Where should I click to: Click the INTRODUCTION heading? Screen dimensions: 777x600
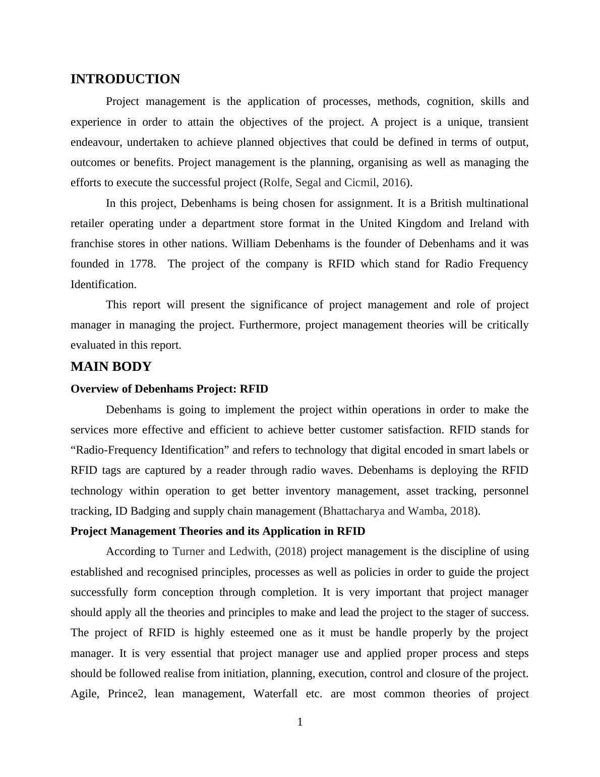point(125,79)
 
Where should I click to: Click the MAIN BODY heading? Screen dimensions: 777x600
point(111,367)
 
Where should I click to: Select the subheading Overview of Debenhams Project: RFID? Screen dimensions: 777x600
point(169,389)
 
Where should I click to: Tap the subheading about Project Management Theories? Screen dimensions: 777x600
point(218,531)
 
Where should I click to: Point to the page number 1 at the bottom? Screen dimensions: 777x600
point(300,722)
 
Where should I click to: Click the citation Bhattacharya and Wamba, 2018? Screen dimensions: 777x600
point(398,511)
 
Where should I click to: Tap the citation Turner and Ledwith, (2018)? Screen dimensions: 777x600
point(239,551)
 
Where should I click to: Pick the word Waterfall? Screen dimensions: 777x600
point(275,694)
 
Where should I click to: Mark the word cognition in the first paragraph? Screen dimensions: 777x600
point(450,101)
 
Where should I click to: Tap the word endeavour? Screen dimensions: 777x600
point(96,142)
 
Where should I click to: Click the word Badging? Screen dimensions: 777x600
point(150,511)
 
